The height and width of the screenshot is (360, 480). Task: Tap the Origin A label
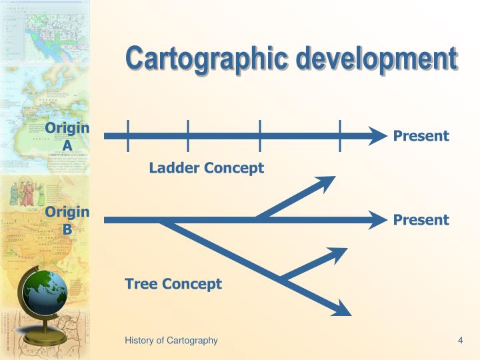(67, 137)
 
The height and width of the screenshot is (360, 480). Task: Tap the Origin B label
(67, 220)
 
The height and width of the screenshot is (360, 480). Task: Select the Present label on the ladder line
(421, 137)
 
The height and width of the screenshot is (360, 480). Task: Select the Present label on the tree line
(421, 220)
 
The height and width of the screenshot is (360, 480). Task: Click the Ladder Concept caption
(206, 168)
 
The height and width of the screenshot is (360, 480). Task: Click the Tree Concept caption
(173, 284)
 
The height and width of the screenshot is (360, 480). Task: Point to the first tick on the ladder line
(127, 136)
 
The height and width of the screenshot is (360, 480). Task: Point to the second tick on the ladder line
(189, 136)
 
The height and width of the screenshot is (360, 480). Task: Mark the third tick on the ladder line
(260, 136)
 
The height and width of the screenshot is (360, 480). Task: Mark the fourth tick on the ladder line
(340, 136)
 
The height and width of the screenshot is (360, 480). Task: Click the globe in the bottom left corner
(44, 293)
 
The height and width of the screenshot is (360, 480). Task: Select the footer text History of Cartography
(171, 341)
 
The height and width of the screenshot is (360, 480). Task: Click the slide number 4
(460, 341)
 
